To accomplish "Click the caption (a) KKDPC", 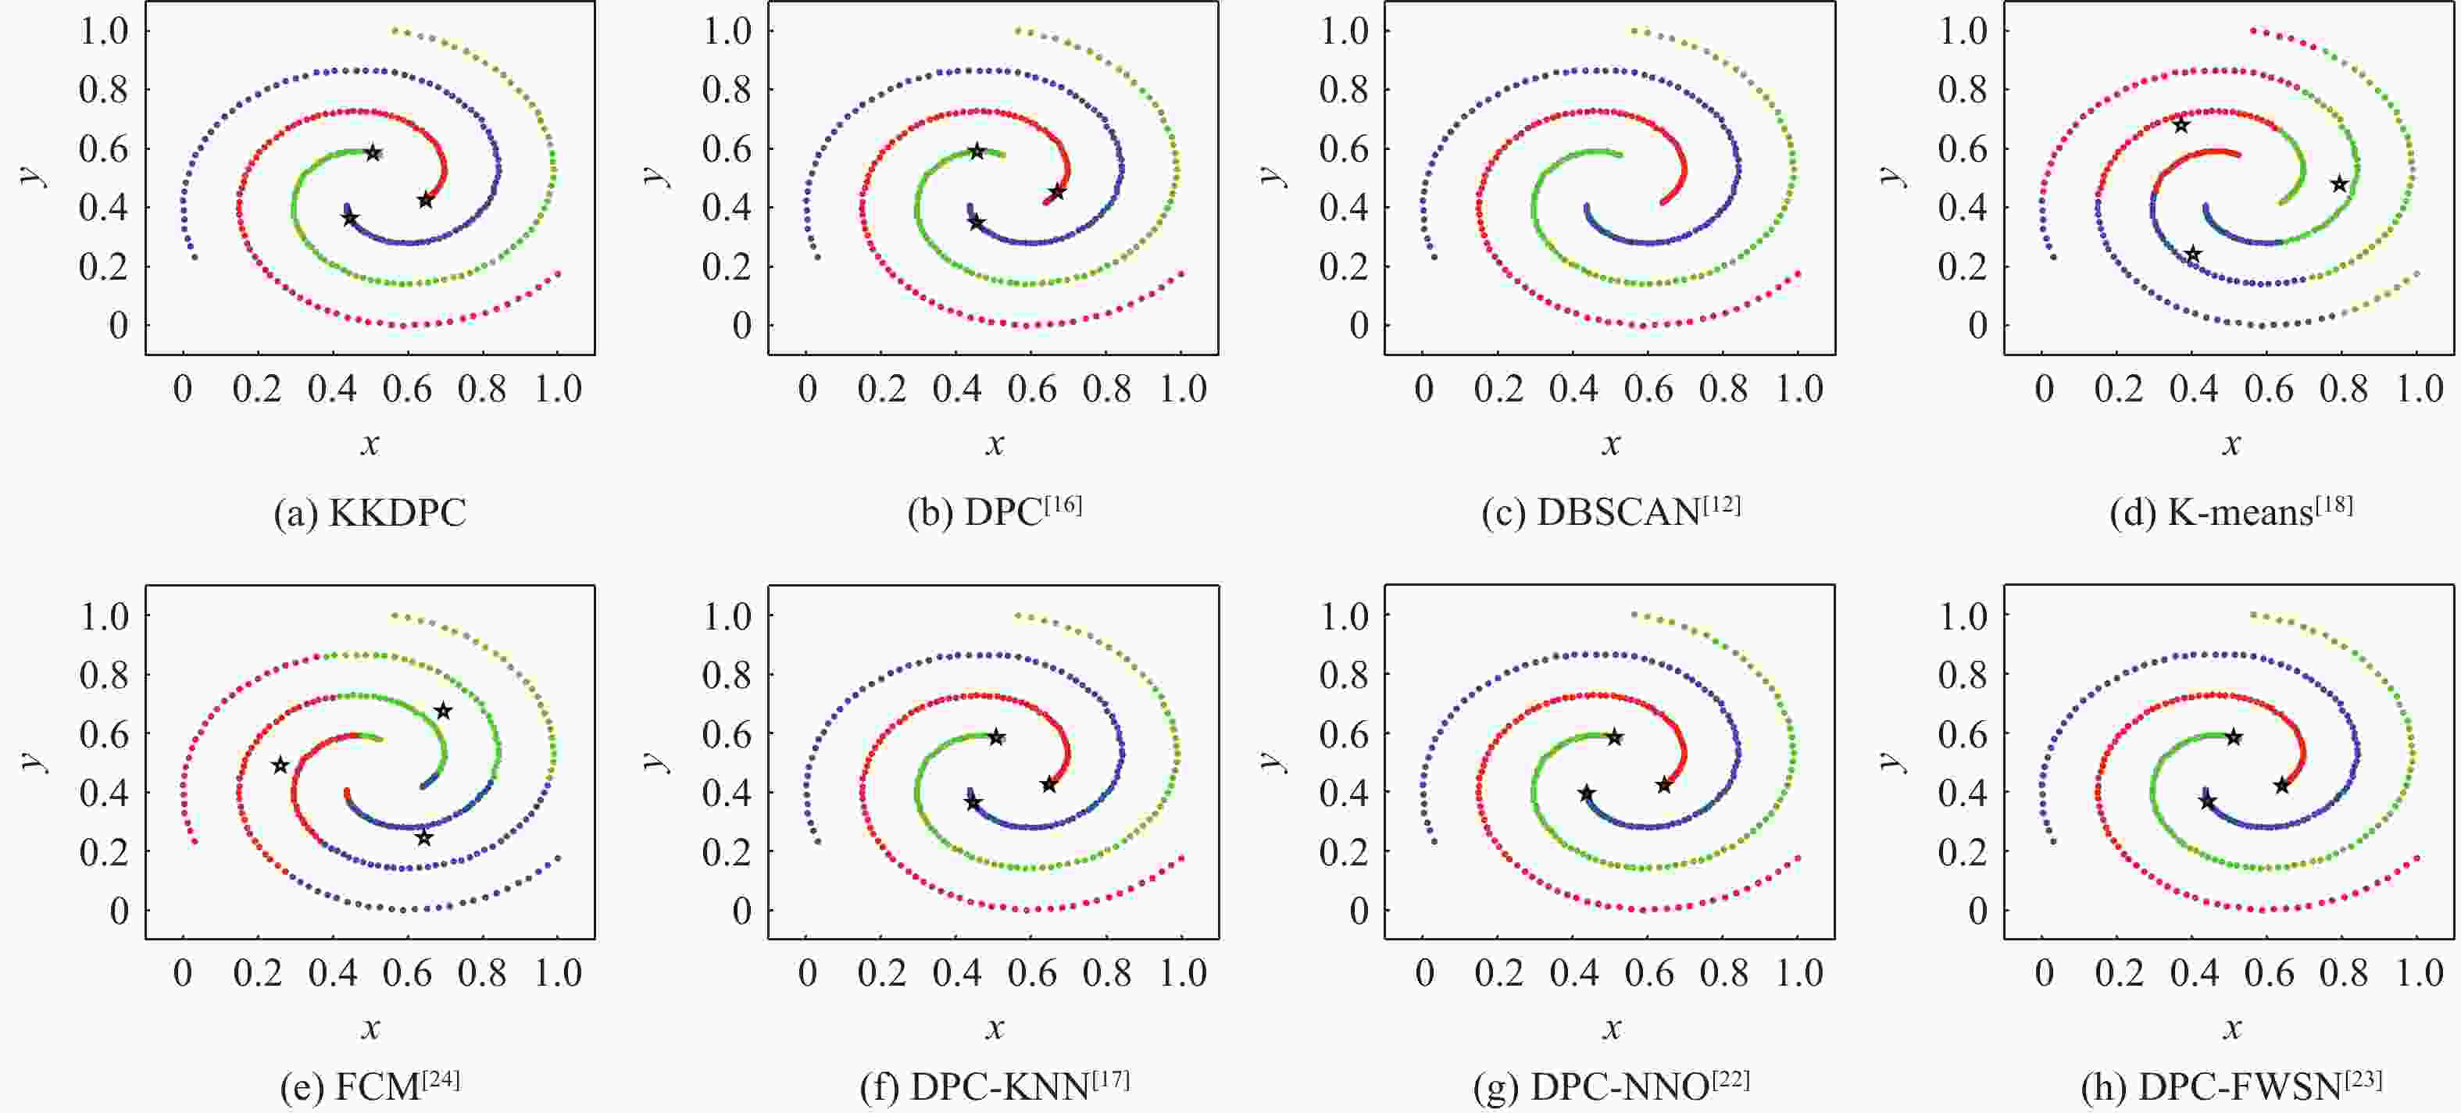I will click(x=370, y=514).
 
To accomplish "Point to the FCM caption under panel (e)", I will click(x=370, y=1086).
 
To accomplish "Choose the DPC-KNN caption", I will click(x=995, y=1086).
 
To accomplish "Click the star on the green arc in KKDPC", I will click(x=373, y=153).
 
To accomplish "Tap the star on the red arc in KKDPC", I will click(x=426, y=200).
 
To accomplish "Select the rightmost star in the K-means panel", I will click(x=2338, y=184).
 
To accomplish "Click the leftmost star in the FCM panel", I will click(x=280, y=765).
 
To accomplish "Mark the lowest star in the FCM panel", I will click(x=424, y=838).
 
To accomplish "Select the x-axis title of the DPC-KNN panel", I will click(x=995, y=1028).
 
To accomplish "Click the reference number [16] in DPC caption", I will click(x=1063, y=504).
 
